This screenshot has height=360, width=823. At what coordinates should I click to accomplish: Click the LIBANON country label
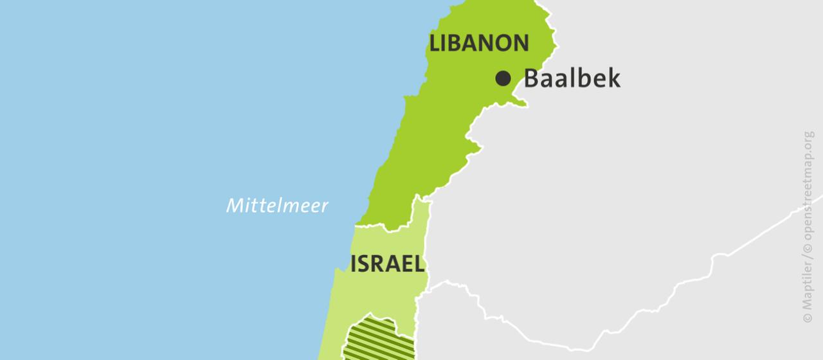click(x=479, y=43)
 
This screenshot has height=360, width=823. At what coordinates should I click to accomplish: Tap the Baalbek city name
click(x=572, y=78)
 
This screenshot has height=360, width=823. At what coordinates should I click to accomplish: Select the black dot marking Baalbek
click(x=503, y=78)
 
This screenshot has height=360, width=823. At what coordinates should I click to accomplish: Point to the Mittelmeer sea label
click(x=277, y=206)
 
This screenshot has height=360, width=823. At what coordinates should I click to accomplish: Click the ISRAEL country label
click(x=387, y=264)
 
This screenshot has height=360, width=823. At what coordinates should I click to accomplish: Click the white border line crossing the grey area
click(x=707, y=270)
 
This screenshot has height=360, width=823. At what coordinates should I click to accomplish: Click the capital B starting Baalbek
click(x=532, y=78)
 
